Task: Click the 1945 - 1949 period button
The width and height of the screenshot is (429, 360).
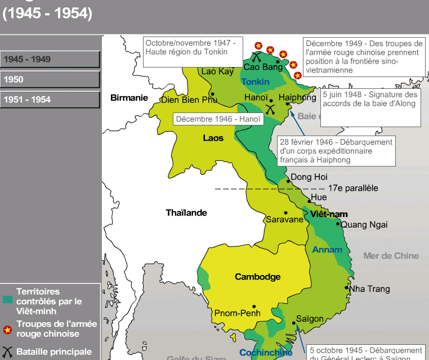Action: tap(50, 59)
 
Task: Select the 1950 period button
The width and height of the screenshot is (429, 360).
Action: tap(50, 79)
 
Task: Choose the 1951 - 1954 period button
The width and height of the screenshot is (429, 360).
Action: tap(50, 100)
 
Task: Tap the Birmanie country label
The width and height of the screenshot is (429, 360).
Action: tap(129, 97)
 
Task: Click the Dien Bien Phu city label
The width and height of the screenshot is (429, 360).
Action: tap(189, 100)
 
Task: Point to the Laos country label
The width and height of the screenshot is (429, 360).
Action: tap(213, 138)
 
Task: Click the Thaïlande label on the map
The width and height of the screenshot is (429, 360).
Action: tap(186, 213)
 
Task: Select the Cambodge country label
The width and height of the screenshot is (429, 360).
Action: tap(257, 277)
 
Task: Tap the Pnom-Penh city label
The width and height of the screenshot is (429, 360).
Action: tap(236, 313)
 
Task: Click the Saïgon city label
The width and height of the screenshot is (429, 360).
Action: tap(310, 319)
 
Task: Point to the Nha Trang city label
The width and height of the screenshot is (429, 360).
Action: tap(369, 289)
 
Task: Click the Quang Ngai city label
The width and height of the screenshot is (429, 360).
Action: tap(364, 224)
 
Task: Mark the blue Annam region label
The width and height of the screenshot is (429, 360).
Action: tap(327, 250)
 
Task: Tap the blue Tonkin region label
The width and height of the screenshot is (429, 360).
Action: tap(255, 82)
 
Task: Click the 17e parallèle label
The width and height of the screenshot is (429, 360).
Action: tap(352, 188)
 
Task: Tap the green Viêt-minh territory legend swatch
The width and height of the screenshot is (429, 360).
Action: tap(7, 299)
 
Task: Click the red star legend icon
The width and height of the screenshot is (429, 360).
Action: tap(7, 330)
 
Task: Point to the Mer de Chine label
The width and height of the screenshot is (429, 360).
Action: tap(391, 256)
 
